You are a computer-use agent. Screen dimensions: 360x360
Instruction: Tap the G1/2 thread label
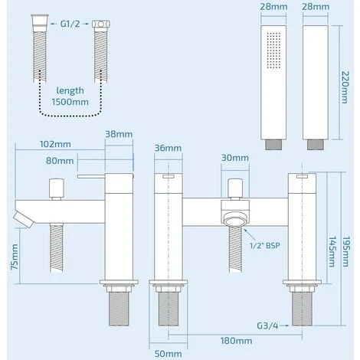click(70, 24)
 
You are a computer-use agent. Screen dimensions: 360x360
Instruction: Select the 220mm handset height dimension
click(345, 87)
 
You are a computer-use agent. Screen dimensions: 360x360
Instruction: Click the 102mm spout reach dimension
click(55, 144)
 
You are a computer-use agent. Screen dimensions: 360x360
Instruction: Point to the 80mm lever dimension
click(60, 161)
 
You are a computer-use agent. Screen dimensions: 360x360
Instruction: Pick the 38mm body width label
click(119, 134)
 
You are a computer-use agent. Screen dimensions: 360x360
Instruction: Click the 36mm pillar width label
click(168, 148)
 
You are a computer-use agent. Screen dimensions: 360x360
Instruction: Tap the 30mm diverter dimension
click(235, 158)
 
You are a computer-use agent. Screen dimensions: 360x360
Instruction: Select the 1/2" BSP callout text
click(265, 246)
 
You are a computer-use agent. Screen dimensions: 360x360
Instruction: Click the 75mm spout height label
click(15, 257)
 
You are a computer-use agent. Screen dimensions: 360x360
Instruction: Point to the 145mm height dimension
click(332, 252)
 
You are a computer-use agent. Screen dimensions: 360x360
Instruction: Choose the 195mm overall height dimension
click(346, 252)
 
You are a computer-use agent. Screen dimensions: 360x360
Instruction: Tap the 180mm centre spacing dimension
click(236, 341)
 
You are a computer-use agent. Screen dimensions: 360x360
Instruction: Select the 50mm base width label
click(169, 354)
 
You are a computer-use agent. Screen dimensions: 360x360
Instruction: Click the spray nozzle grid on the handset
click(273, 51)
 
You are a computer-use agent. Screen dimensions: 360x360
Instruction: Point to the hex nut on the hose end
click(101, 24)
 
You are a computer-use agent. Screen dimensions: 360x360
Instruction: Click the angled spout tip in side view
click(24, 220)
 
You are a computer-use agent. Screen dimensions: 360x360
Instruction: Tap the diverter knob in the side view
click(57, 188)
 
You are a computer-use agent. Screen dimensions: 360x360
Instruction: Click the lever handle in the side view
click(91, 176)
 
